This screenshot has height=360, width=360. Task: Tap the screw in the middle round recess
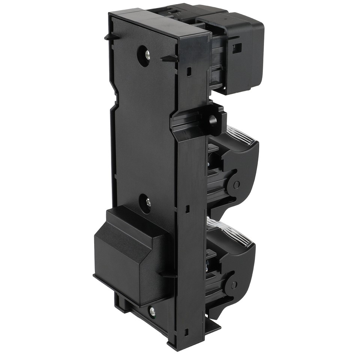click(x=148, y=203)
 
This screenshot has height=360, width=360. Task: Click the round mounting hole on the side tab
click(x=213, y=120)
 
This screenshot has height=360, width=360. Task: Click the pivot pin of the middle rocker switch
click(x=237, y=184)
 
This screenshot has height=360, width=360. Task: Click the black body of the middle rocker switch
click(x=240, y=161)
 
